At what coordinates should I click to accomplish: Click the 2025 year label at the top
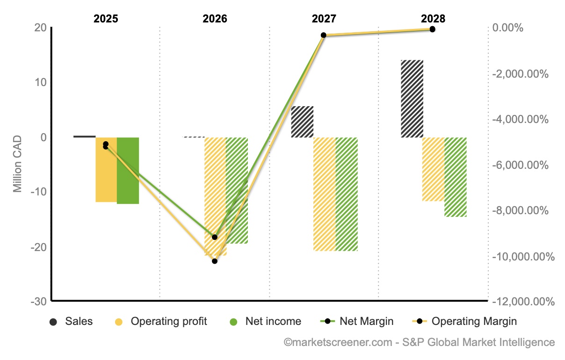106,19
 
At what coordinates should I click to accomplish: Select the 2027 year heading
324,19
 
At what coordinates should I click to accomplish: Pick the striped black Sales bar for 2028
412,99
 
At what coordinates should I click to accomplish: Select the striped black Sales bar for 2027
302,122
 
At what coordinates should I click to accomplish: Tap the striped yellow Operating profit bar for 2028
433,169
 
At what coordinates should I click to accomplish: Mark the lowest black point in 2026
215,261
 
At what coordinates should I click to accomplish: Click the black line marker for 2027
324,35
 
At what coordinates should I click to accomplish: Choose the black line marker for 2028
433,29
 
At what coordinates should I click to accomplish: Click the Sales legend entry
72,322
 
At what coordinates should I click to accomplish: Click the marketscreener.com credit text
420,343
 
